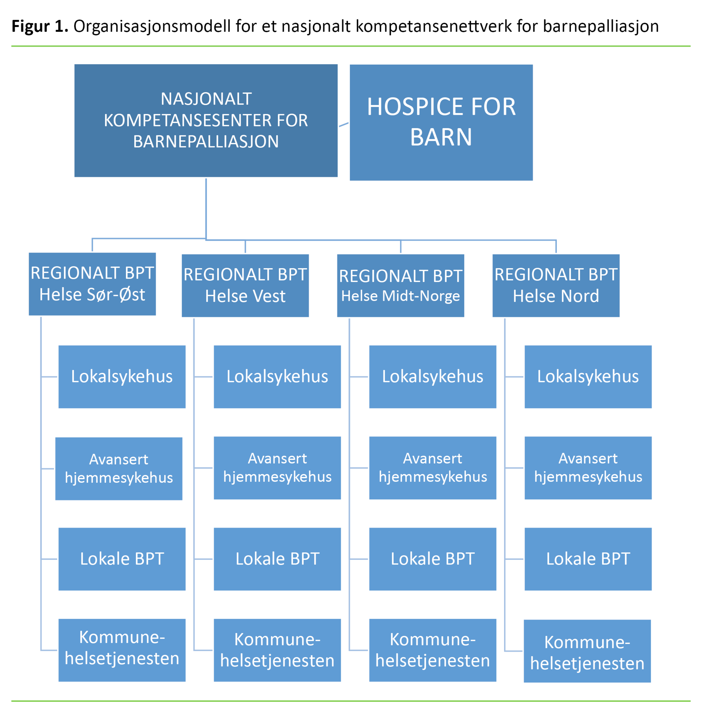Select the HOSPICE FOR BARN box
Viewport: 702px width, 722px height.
point(441,122)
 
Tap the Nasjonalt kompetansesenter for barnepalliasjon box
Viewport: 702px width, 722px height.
point(206,121)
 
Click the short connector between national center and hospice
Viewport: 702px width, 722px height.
point(344,125)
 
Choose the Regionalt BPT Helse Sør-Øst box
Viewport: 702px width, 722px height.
point(92,284)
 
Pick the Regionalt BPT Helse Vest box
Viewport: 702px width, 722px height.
point(245,286)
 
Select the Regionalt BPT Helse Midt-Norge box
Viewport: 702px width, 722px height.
point(400,286)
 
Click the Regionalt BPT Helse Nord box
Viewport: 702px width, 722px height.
point(556,286)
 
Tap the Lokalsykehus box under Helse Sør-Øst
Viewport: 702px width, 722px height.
point(122,377)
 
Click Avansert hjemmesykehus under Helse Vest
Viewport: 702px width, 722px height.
point(277,468)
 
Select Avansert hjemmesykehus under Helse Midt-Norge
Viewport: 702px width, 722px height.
point(433,468)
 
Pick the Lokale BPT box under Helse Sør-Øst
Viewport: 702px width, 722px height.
point(122,559)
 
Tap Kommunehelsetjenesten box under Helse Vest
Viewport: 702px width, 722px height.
point(277,650)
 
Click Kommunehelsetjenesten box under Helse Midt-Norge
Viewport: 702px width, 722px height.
point(433,650)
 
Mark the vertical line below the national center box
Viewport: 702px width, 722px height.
point(206,208)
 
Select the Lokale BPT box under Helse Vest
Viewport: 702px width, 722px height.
point(277,559)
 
